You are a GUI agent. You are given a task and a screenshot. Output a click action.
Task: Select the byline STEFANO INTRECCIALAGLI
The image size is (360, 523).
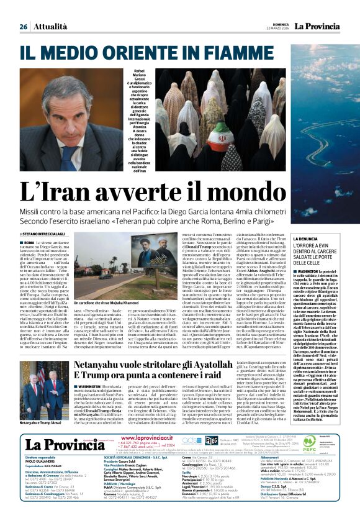[x=50, y=233]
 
